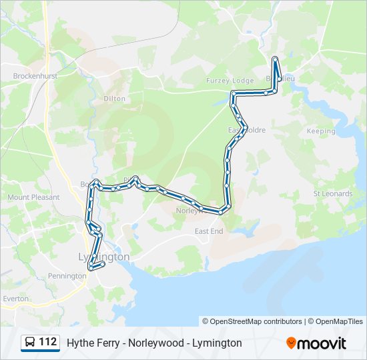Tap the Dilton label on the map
tap(114, 98)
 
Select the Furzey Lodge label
tap(230, 81)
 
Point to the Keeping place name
tap(320, 131)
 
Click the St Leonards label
tap(332, 194)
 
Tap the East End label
tap(209, 231)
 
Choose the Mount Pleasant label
tap(33, 197)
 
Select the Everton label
tap(15, 299)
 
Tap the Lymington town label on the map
tap(103, 257)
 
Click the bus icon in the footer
tap(30, 343)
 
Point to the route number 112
tap(48, 343)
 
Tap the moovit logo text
tap(322, 343)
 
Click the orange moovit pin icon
tap(292, 343)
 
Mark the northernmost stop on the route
tap(275, 59)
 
